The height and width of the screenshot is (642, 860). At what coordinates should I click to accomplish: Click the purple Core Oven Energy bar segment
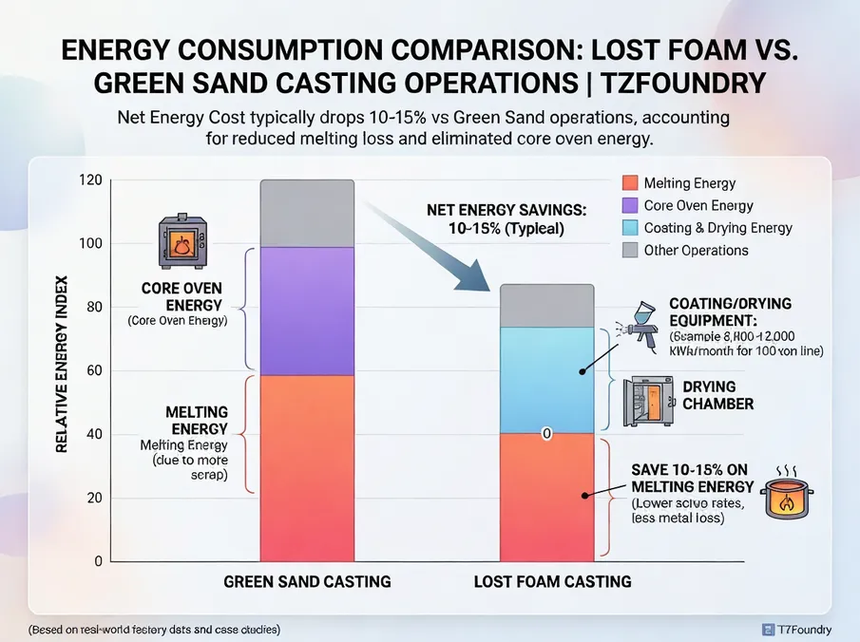(x=307, y=311)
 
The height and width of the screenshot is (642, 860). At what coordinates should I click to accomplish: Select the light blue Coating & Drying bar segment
(x=546, y=380)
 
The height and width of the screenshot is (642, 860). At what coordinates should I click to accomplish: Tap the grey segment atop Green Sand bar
(x=307, y=213)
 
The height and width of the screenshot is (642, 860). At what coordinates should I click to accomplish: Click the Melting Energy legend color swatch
(x=628, y=183)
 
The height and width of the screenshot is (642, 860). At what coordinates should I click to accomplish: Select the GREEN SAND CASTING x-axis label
(x=307, y=581)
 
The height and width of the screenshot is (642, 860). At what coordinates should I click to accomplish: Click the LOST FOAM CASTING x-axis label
(x=552, y=581)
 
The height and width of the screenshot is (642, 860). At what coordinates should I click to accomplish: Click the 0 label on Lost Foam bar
(x=547, y=434)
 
